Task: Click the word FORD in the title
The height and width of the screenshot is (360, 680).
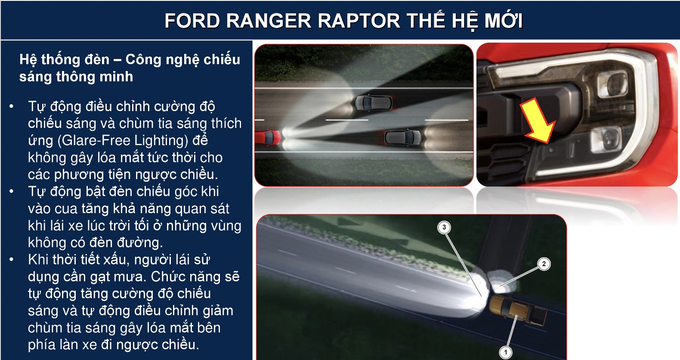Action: (x=192, y=21)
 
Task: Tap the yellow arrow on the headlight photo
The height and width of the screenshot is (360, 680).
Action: (x=537, y=121)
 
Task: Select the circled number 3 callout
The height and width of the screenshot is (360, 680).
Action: (x=444, y=227)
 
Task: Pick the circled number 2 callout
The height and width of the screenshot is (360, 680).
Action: (x=544, y=264)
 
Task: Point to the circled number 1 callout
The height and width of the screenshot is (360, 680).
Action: (x=505, y=352)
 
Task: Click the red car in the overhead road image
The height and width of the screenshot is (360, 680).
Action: (x=268, y=137)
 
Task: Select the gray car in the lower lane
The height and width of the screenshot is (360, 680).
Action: (x=402, y=138)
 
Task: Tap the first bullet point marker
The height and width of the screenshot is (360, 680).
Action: (x=11, y=106)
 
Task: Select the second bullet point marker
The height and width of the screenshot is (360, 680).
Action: (x=11, y=191)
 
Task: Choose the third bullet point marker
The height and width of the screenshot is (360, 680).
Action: (x=11, y=259)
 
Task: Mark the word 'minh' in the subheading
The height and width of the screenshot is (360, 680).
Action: (x=117, y=77)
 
